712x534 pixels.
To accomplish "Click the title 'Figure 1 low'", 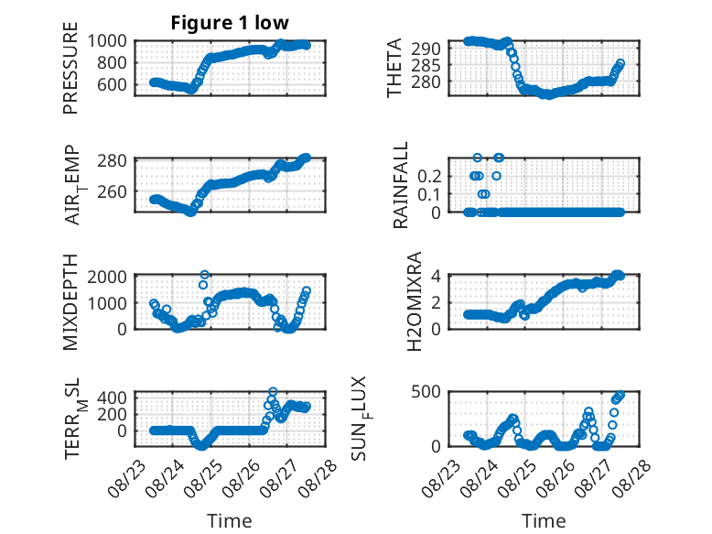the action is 230,23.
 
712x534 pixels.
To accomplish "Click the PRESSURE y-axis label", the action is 70,68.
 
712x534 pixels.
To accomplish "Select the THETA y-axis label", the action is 394,68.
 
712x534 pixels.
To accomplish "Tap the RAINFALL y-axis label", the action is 401,185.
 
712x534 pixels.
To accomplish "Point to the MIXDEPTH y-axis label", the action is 70,301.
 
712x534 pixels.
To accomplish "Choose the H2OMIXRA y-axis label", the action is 415,301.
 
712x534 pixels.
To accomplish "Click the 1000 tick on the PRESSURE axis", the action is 107,41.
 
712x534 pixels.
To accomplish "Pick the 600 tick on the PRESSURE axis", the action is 113,84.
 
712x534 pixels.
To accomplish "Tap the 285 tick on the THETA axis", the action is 426,65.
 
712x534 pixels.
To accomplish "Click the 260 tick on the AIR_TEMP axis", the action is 113,191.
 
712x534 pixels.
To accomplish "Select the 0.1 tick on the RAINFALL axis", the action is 429,194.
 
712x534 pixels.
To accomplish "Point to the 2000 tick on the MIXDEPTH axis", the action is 107,277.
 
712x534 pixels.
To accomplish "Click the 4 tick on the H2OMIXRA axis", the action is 436,276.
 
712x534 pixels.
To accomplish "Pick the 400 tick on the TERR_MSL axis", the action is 113,398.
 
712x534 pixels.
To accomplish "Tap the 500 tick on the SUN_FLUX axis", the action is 426,392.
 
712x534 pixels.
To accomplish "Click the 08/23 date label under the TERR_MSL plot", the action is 126,478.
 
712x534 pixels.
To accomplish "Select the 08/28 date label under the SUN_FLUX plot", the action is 632,478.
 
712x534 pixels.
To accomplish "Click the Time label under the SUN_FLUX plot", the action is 544,520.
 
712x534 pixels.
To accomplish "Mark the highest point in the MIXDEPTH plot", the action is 205,275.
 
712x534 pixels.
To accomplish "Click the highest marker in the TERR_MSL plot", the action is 273,391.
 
